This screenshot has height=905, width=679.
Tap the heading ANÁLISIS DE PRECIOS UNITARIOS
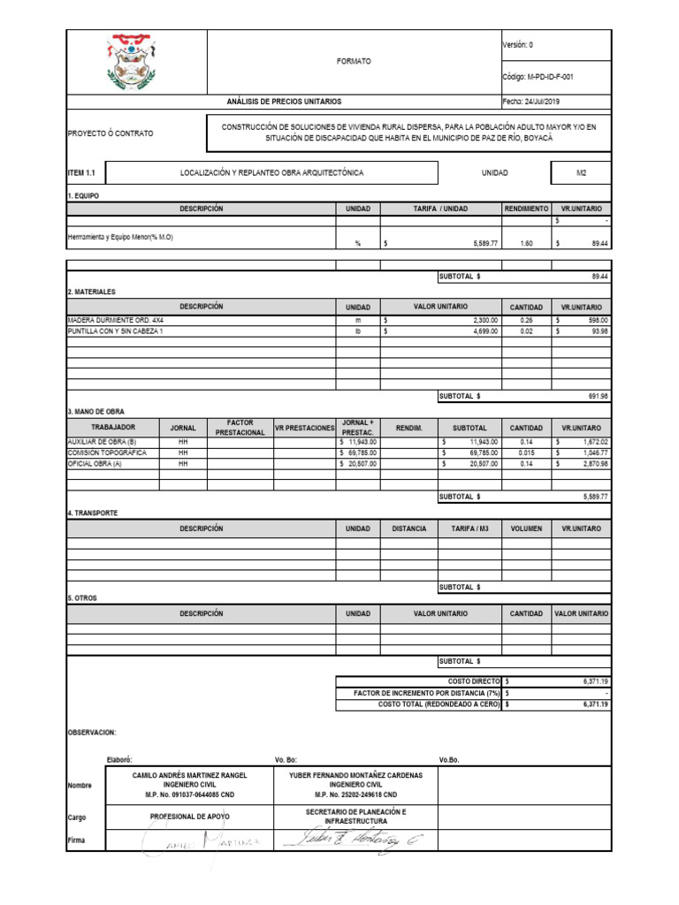click(284, 102)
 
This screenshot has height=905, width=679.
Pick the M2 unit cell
click(581, 173)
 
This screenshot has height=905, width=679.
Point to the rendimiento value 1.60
click(527, 243)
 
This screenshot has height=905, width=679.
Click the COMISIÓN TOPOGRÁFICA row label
click(107, 452)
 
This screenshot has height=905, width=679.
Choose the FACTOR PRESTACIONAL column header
click(240, 428)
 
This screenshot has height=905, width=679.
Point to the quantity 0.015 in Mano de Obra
click(527, 452)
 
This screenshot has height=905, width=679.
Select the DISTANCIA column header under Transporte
click(408, 529)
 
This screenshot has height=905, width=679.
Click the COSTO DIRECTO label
click(473, 682)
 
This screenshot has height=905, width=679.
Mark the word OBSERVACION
click(92, 733)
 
